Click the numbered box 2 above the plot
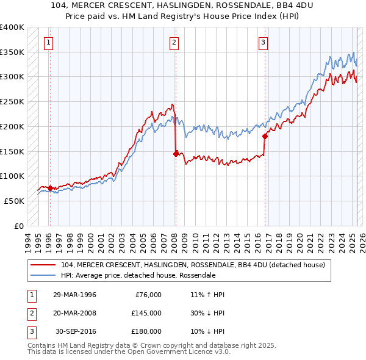point(174,43)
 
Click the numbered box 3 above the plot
point(262,43)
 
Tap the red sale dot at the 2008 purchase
point(176,154)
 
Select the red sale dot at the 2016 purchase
point(265,137)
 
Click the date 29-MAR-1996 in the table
point(74,295)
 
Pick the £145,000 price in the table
point(147,313)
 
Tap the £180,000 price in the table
point(147,331)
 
